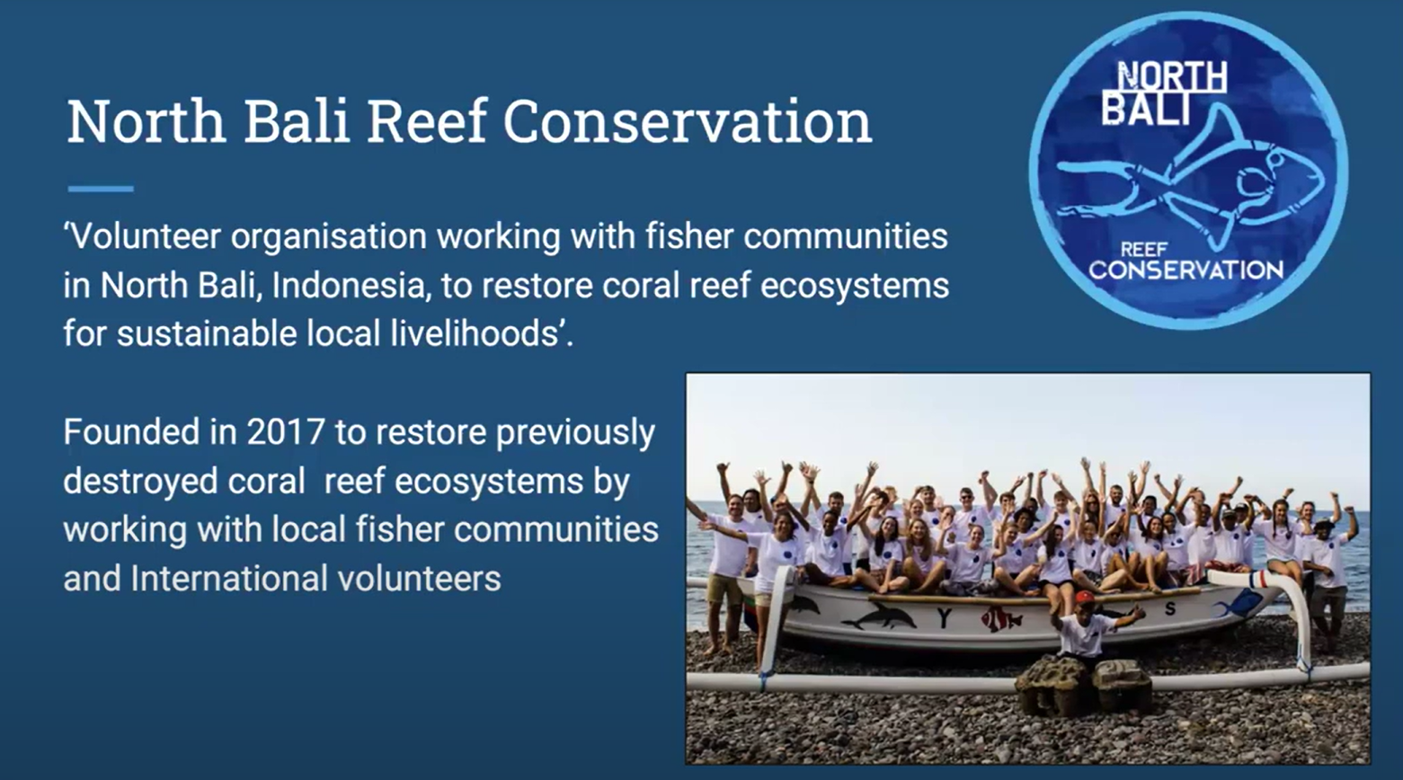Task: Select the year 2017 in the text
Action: coord(286,432)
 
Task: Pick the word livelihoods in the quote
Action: coord(474,333)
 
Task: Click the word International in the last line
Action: coord(228,579)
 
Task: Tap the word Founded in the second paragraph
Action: coord(131,432)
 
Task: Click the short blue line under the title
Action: coord(101,189)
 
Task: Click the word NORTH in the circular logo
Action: coord(1173,77)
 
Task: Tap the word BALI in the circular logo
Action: coord(1146,109)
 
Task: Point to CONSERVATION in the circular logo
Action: coord(1185,270)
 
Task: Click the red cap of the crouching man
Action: coord(1084,598)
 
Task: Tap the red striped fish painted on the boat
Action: coord(1000,619)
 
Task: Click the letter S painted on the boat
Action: coord(1168,608)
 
